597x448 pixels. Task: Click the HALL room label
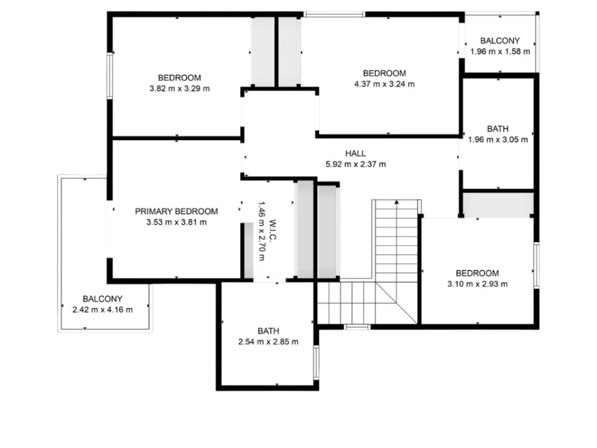[x=356, y=154]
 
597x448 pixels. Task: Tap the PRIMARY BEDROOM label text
[x=177, y=212]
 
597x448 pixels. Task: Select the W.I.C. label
[x=272, y=230]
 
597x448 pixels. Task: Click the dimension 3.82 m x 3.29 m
[x=180, y=89]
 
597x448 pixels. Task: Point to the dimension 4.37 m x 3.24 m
[x=384, y=84]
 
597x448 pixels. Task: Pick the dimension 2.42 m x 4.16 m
[x=103, y=310]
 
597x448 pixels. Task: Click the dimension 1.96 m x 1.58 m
[x=500, y=52]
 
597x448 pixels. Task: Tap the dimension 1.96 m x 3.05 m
[x=498, y=140]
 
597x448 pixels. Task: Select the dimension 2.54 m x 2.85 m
[x=269, y=342]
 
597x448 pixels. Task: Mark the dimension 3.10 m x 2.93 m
[x=478, y=284]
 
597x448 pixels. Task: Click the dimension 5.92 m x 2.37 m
[x=356, y=164]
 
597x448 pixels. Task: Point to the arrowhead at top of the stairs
[x=397, y=202]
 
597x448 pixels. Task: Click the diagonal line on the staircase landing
[x=396, y=302]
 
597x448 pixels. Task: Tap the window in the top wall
[x=335, y=14]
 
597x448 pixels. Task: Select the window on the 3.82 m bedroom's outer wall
[x=109, y=76]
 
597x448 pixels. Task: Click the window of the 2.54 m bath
[x=316, y=362]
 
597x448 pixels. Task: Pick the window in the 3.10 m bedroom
[x=537, y=266]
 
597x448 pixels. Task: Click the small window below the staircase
[x=357, y=327]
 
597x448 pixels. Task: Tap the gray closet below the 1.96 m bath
[x=498, y=205]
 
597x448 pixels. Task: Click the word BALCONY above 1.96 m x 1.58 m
[x=500, y=41]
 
